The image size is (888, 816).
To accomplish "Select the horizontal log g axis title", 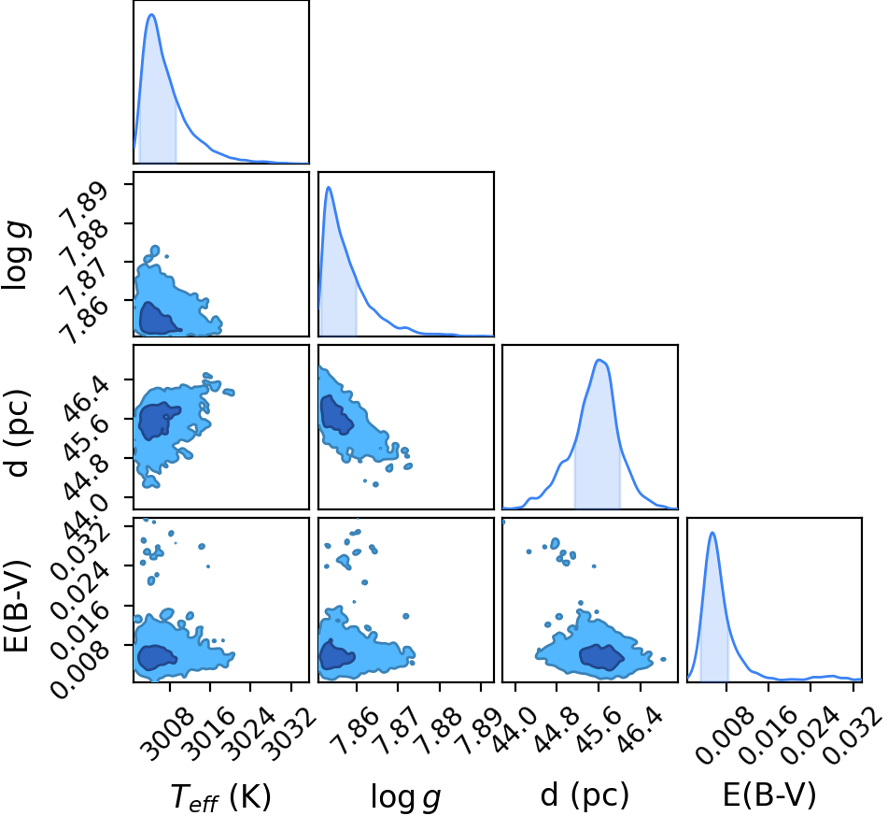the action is [x=405, y=796].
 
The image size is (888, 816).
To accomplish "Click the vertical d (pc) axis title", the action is [x=18, y=433].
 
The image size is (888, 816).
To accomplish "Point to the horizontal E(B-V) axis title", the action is [x=769, y=795].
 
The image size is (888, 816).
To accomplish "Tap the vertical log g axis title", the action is [x=18, y=256].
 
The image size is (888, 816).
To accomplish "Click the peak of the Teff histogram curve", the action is [x=151, y=14].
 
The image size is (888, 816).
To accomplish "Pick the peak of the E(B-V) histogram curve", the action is [x=712, y=533].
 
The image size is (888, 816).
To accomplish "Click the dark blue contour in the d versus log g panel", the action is [x=336, y=414].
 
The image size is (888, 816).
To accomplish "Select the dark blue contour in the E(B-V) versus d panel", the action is [x=601, y=657].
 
